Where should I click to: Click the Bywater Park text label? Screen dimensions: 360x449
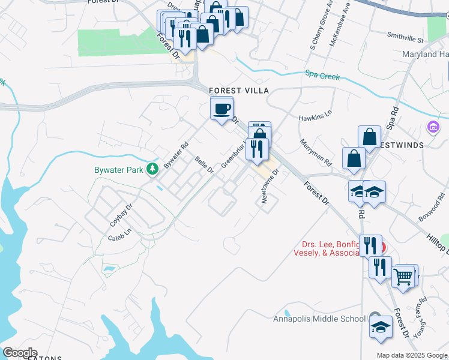click(x=119, y=170)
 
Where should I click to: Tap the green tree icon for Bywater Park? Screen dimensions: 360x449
click(x=154, y=169)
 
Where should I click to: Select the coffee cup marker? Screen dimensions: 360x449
click(x=222, y=109)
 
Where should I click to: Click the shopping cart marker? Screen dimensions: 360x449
click(x=403, y=277)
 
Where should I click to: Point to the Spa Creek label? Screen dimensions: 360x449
click(x=322, y=76)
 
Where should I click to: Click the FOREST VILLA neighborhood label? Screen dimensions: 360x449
click(x=238, y=90)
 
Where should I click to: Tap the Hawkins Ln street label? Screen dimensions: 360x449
click(x=315, y=114)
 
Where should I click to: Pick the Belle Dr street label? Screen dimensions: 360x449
click(x=204, y=164)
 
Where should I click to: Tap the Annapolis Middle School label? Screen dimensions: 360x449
click(x=319, y=319)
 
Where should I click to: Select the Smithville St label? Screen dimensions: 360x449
click(x=405, y=37)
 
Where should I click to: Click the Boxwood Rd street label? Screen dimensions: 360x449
click(x=430, y=208)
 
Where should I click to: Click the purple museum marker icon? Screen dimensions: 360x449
click(x=432, y=127)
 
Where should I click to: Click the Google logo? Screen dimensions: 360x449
click(x=19, y=353)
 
